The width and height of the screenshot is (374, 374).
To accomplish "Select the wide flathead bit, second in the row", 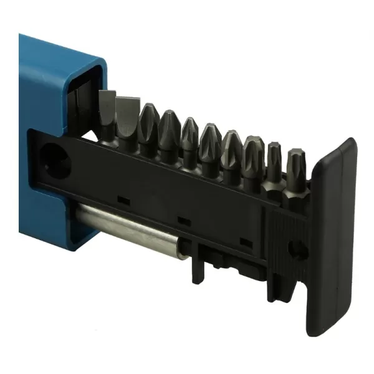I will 127,122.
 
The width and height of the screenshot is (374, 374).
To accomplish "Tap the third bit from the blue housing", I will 148,128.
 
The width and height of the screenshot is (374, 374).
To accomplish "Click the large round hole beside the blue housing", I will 56,158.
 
